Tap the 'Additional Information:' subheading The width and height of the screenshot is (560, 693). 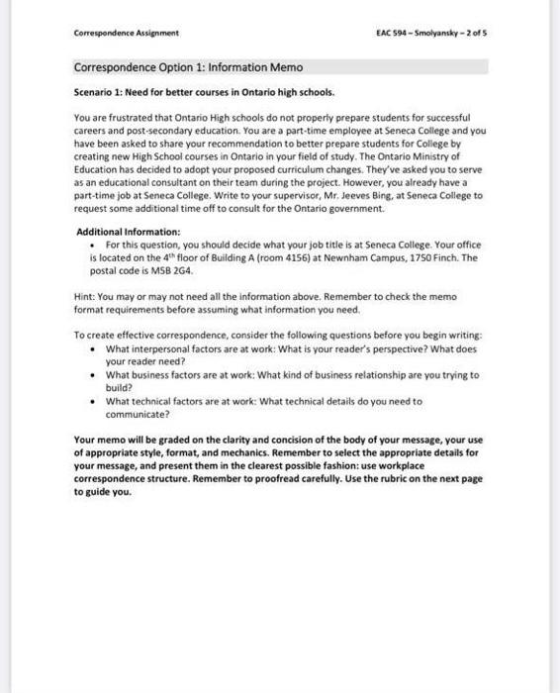click(129, 232)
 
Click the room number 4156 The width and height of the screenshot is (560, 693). click(296, 256)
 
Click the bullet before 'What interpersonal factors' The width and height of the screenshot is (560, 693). click(92, 349)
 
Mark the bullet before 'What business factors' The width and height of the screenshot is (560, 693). click(92, 375)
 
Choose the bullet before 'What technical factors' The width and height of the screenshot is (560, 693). click(92, 401)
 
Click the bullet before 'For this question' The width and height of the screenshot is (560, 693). click(92, 244)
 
